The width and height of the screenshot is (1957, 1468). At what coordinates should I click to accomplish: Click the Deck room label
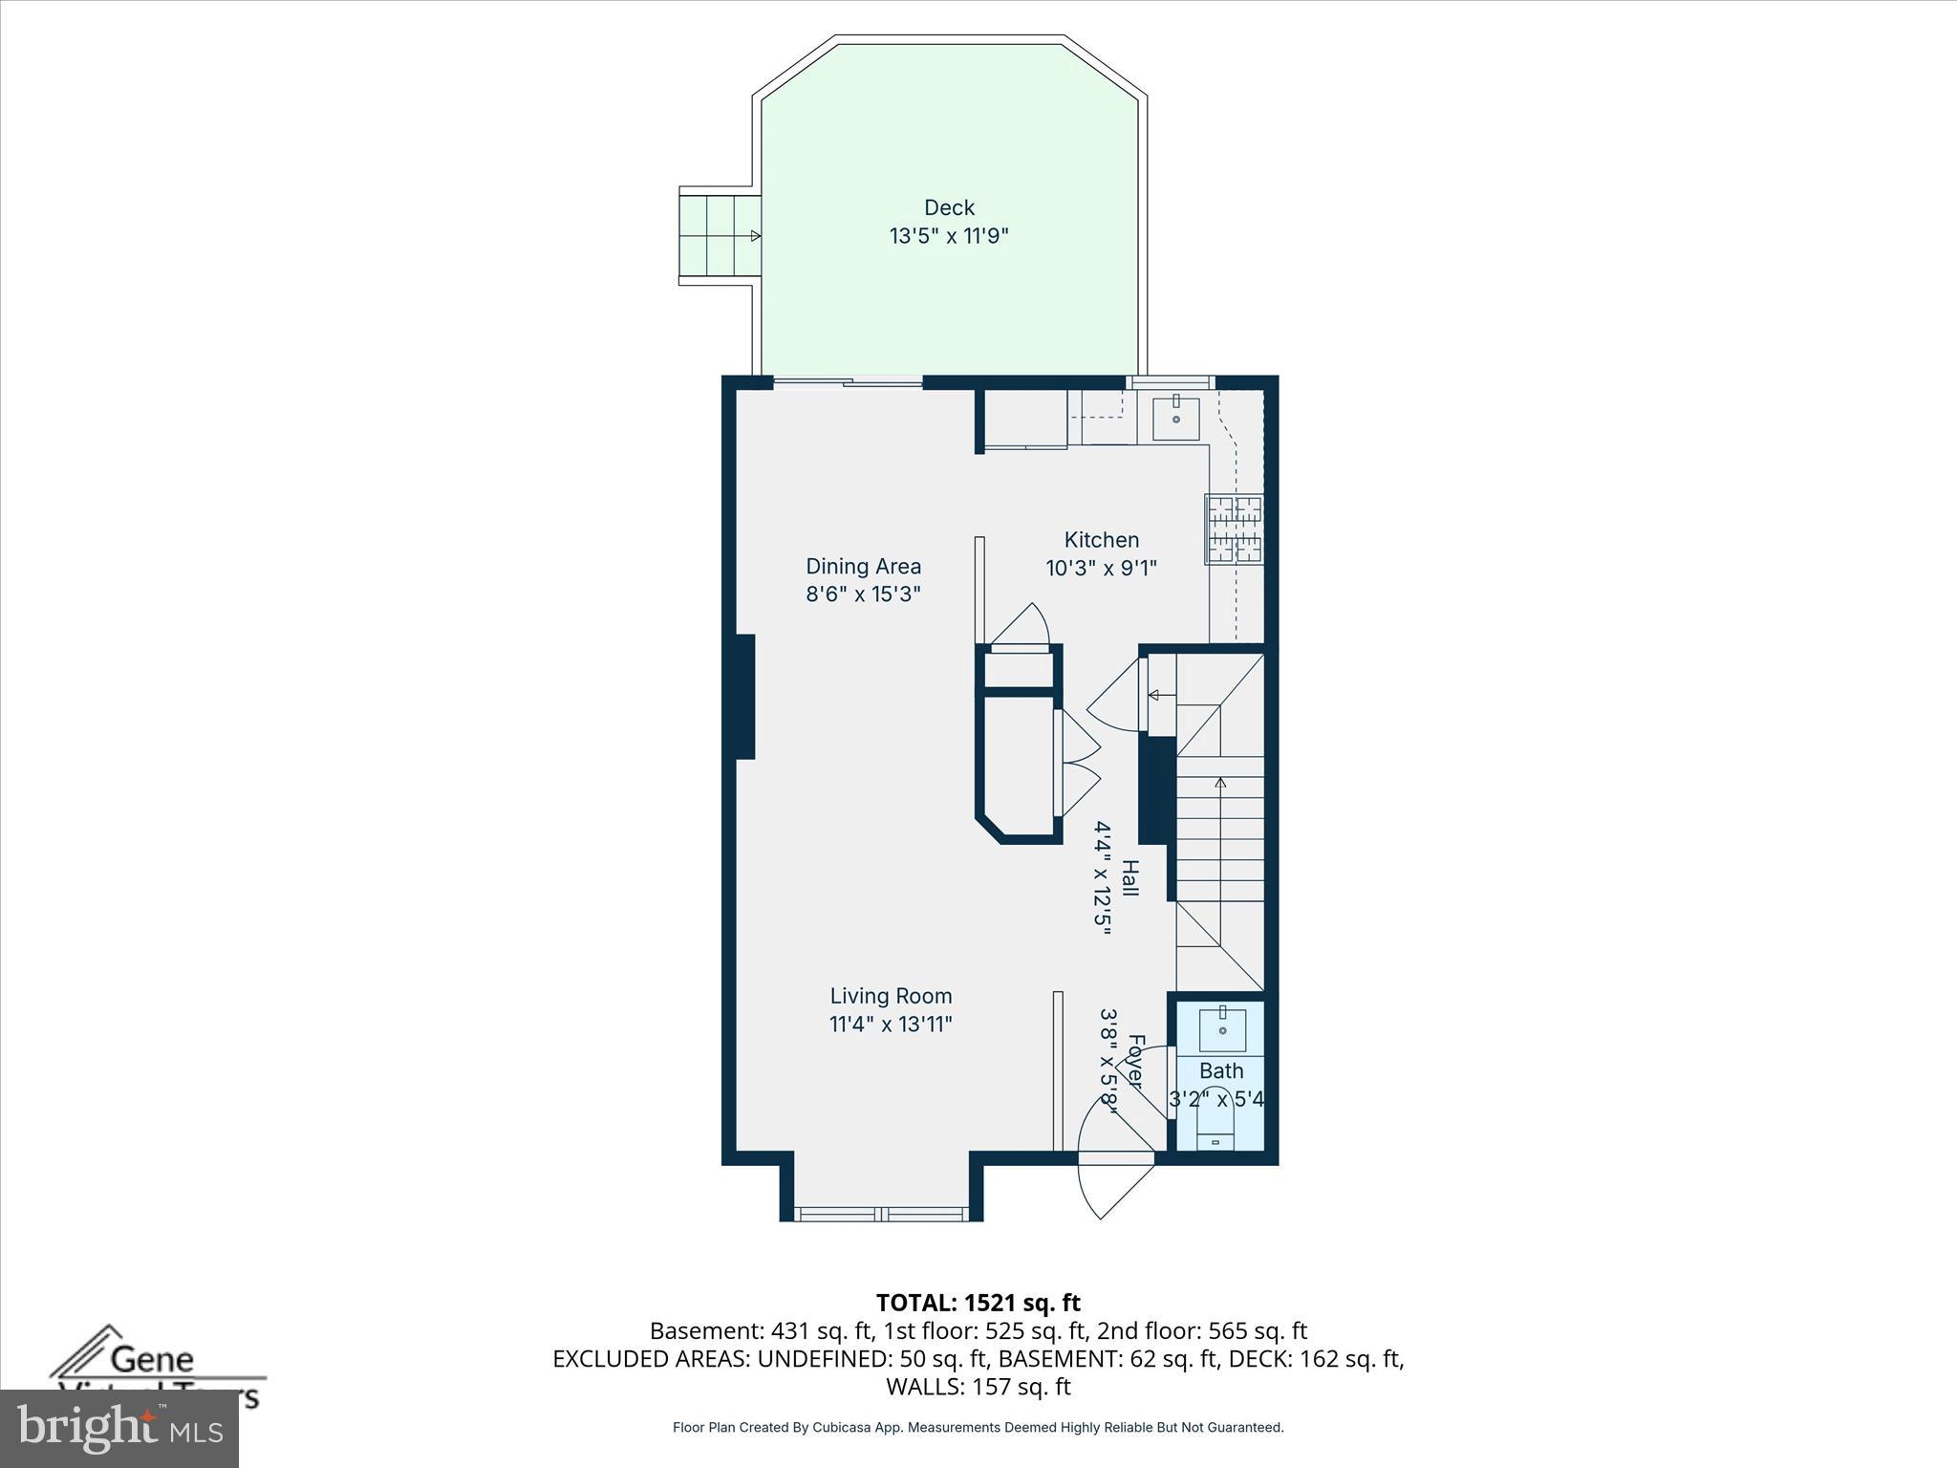[x=949, y=207]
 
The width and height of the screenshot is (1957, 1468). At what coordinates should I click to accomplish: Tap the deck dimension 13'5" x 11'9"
[x=949, y=235]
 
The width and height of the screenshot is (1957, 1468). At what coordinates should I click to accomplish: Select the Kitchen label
[x=1101, y=540]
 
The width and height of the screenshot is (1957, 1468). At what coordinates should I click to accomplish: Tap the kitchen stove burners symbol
[x=1234, y=529]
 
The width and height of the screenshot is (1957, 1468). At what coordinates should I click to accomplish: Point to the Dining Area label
[x=863, y=566]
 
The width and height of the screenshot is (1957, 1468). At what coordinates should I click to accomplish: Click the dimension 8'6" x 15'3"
[x=863, y=594]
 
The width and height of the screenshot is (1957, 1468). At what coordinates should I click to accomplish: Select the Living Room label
[x=891, y=996]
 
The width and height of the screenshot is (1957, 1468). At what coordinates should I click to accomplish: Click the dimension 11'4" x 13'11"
[x=891, y=1025]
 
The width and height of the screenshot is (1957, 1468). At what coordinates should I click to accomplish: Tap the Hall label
[x=1129, y=877]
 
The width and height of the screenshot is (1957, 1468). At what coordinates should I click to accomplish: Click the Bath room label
[x=1221, y=1070]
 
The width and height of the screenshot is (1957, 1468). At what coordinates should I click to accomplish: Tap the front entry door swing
[x=1113, y=1185]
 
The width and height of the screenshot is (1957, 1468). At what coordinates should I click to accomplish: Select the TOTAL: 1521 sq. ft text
[x=978, y=1303]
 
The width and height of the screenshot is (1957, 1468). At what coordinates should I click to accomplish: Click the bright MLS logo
[x=119, y=1428]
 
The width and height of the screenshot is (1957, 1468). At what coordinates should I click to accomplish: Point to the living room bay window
[x=881, y=1214]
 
